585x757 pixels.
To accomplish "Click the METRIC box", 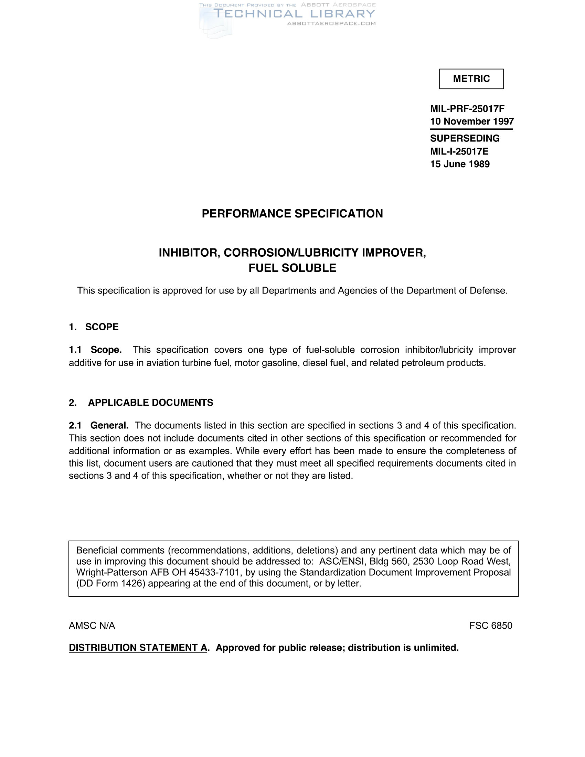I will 471,79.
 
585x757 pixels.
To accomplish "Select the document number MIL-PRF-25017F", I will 467,109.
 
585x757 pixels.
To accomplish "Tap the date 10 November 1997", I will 472,121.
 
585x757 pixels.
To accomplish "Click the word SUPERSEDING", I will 465,138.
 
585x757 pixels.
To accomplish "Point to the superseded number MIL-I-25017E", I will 459,151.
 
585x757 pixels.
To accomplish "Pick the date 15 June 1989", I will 459,164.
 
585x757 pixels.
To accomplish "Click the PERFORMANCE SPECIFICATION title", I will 292,214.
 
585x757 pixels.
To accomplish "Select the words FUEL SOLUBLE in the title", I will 292,268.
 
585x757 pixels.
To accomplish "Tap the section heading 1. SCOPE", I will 94,327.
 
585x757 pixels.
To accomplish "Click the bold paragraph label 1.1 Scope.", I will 95,350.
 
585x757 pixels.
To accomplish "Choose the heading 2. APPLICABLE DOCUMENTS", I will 141,403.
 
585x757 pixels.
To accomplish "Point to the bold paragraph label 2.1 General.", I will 99,425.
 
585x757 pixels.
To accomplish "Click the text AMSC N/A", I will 92,626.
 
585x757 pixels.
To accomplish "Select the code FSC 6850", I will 490,626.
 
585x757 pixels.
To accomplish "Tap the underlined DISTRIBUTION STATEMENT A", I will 138,648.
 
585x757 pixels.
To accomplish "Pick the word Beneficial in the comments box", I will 97,550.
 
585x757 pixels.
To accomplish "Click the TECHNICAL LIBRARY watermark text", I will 294,14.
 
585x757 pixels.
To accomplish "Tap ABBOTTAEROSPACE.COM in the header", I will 331,23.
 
